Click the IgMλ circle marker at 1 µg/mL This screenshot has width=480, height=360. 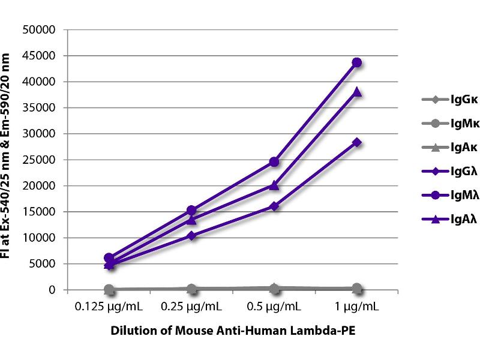(x=357, y=62)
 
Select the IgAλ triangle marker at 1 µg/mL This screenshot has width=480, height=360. (x=357, y=92)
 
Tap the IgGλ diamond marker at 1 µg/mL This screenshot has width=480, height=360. (x=357, y=142)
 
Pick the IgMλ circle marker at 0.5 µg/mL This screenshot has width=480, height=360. (x=274, y=162)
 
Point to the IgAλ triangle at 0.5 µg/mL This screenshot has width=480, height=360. (x=274, y=185)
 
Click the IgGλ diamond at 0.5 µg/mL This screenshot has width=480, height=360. (x=274, y=206)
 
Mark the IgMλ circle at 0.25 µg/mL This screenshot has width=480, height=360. (x=191, y=211)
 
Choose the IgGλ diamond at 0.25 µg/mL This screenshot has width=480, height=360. (x=191, y=236)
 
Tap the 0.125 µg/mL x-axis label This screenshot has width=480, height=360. (x=109, y=307)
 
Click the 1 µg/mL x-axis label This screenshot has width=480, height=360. (x=357, y=307)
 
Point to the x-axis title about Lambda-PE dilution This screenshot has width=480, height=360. (x=233, y=331)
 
